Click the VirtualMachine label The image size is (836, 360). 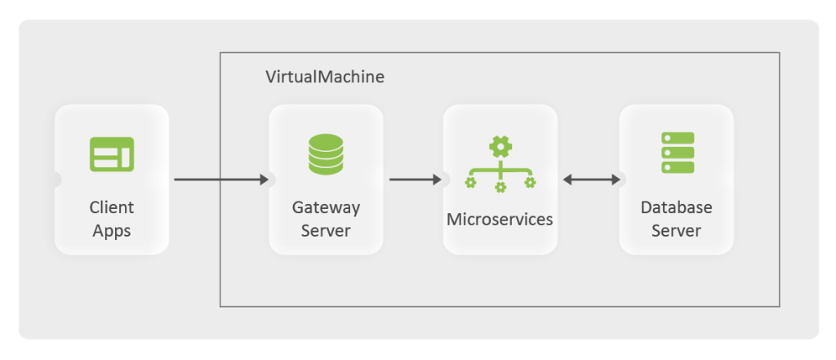click(x=324, y=78)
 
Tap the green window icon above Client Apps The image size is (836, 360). click(x=111, y=154)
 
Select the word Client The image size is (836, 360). click(x=111, y=207)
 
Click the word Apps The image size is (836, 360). click(x=111, y=231)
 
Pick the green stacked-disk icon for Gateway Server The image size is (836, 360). click(x=326, y=154)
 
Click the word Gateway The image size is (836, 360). click(x=326, y=207)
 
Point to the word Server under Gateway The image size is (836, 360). click(x=326, y=231)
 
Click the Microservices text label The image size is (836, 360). click(x=499, y=220)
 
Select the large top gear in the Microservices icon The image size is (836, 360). click(x=500, y=147)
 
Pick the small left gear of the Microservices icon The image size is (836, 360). click(x=470, y=182)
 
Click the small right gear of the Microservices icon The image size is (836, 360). click(x=530, y=182)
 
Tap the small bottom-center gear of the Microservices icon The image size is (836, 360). click(x=500, y=187)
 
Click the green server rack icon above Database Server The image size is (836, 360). click(x=677, y=153)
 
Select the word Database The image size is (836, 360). click(x=676, y=207)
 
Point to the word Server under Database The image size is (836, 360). click(x=676, y=231)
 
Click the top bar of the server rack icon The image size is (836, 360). click(x=677, y=138)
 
